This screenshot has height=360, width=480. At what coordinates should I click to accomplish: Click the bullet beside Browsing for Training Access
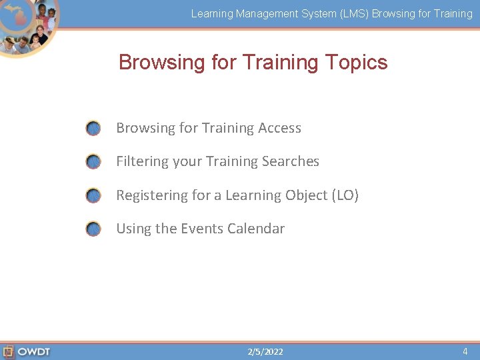(93, 128)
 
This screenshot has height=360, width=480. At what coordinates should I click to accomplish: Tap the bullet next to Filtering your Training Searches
(93, 162)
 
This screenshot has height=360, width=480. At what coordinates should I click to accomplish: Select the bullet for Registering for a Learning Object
(93, 195)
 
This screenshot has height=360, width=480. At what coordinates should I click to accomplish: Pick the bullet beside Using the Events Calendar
(93, 229)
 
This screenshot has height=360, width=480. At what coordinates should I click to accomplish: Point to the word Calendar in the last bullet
(256, 229)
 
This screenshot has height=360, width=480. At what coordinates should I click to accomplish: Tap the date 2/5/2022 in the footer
(265, 351)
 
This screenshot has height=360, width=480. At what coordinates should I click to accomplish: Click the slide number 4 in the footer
(465, 351)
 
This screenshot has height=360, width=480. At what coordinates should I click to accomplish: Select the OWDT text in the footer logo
(34, 351)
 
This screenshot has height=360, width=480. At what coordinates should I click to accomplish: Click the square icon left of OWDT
(9, 351)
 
